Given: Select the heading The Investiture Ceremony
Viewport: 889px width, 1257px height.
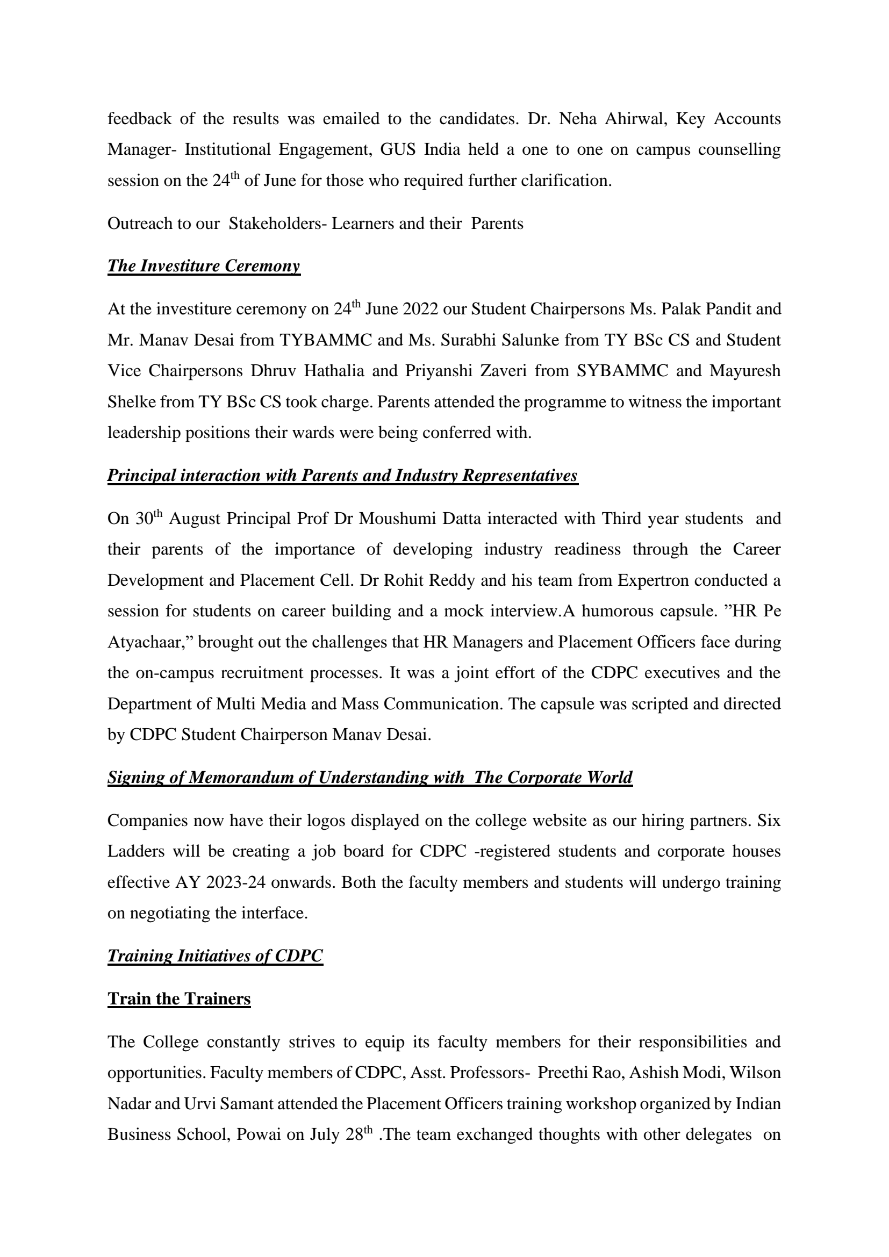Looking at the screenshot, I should [x=204, y=266].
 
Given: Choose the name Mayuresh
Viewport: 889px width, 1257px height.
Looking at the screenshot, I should [x=745, y=371].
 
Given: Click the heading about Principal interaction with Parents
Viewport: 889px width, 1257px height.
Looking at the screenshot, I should [x=342, y=475].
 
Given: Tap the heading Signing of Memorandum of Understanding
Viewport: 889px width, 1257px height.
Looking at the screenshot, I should [x=369, y=778].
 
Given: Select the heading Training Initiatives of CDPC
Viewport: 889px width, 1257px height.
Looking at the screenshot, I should [x=214, y=956].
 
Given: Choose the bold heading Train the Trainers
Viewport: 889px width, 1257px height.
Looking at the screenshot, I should [x=179, y=999].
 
